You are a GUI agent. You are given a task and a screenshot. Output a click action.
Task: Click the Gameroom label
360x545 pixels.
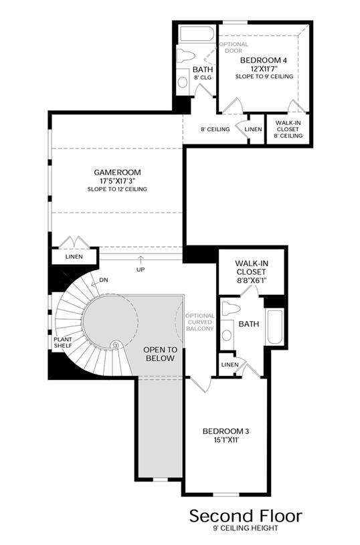[118, 172]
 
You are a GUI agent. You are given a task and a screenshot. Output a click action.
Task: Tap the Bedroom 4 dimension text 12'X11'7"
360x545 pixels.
[264, 69]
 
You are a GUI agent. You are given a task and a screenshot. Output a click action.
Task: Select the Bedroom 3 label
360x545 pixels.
[226, 431]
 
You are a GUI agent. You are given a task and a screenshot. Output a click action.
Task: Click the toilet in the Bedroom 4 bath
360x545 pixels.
[185, 56]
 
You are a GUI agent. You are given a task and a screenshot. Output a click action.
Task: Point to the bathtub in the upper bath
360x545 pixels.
[197, 33]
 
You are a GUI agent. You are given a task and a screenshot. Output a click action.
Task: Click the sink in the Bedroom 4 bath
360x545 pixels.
[183, 82]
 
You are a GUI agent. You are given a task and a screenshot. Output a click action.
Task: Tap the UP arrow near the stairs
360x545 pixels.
[141, 259]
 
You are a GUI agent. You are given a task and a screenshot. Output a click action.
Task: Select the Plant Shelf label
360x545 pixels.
[63, 342]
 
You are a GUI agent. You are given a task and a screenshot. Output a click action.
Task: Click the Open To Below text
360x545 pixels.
[161, 354]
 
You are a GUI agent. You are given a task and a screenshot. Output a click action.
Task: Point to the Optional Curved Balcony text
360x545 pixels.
[199, 322]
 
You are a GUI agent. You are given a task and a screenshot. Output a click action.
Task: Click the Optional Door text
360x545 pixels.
[234, 47]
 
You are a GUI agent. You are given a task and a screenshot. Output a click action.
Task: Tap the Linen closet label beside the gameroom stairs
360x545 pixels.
[74, 257]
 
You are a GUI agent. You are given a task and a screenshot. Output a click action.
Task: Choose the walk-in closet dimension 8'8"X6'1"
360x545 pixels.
[251, 280]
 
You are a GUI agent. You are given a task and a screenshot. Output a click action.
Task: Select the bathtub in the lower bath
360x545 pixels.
[276, 327]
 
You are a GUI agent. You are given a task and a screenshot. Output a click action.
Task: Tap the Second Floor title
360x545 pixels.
[246, 516]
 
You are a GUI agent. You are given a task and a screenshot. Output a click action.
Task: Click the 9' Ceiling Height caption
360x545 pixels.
[246, 528]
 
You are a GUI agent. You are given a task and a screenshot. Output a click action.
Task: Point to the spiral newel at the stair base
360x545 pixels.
[115, 346]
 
